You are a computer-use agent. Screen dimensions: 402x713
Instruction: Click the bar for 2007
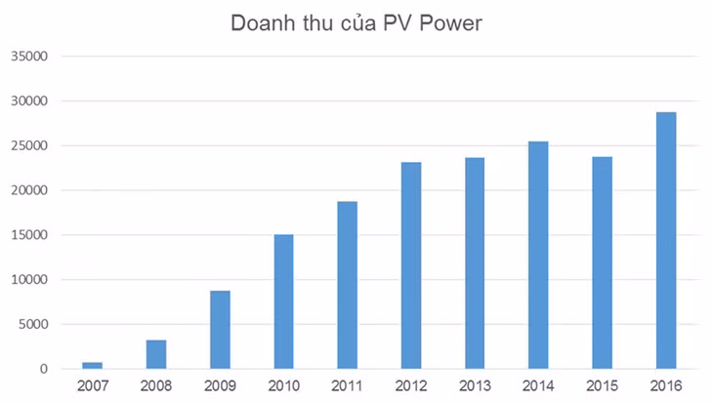[x=92, y=365]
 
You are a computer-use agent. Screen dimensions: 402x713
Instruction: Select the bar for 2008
[x=156, y=354]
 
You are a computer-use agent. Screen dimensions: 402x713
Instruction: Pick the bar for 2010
[x=283, y=301]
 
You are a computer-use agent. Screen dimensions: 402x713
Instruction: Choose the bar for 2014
[x=538, y=255]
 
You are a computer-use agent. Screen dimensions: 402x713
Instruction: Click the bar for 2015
[x=602, y=262]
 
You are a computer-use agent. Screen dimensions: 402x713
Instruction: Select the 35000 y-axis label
[x=29, y=57]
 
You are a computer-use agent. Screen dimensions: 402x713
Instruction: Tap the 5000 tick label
[x=33, y=325]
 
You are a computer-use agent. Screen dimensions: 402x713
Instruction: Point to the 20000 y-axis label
[x=29, y=190]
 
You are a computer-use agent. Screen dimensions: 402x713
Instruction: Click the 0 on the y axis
[x=44, y=370]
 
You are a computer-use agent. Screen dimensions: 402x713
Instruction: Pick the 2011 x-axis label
[x=347, y=386]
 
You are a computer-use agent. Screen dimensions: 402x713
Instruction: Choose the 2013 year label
[x=475, y=386]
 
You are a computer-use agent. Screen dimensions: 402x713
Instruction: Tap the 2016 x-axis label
[x=665, y=386]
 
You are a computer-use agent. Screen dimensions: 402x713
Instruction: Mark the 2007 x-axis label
[x=92, y=386]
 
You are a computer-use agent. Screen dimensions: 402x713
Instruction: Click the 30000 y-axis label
[x=29, y=101]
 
